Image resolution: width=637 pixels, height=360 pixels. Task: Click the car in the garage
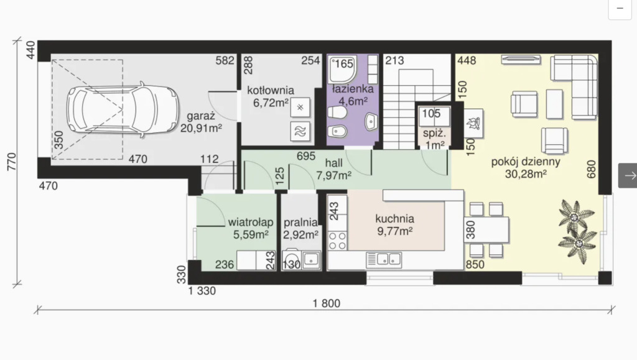pos(123,109)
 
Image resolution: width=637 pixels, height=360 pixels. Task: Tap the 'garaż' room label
pos(201,116)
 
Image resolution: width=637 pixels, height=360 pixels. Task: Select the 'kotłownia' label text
pos(271,90)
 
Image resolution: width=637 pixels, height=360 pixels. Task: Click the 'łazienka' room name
pos(353,88)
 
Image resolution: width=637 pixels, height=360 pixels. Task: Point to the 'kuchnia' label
pos(395,219)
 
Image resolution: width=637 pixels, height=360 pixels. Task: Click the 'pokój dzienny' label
pos(526,162)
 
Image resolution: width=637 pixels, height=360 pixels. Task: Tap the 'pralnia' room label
pos(300,223)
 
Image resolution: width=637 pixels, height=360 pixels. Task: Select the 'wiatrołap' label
pos(251,223)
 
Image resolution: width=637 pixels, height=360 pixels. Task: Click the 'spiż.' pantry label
pos(434,133)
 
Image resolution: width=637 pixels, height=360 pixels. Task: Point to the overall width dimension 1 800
pos(327,303)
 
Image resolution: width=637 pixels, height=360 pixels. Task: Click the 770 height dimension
pos(12,162)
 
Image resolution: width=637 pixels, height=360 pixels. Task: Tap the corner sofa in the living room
pos(574,87)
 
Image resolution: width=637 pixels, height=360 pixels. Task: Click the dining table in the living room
pos(486,229)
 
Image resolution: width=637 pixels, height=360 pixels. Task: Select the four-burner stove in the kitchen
pos(338,240)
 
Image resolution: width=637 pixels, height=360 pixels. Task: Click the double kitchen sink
pos(384,260)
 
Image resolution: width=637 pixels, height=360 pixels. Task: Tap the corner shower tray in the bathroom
pos(343,70)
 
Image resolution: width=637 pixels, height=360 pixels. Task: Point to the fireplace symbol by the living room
pos(473,123)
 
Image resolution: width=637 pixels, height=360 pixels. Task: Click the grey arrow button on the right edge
pos(628,175)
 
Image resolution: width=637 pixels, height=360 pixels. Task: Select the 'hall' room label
pos(333,163)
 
